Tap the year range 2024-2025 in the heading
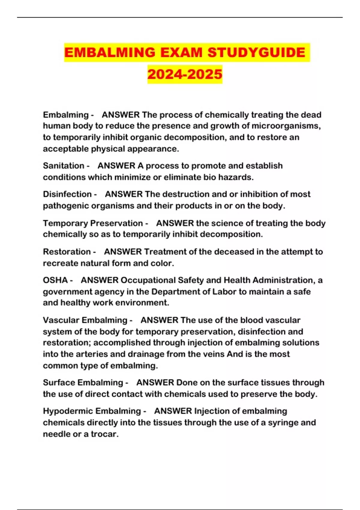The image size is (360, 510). tap(185, 74)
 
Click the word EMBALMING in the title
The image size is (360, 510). tap(110, 52)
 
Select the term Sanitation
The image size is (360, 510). tap(64, 166)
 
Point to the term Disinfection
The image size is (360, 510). tap(67, 194)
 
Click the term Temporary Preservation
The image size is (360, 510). tap(93, 223)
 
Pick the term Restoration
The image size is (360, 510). tap(67, 252)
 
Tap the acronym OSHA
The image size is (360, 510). tap(55, 280)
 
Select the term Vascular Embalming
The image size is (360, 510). tap(85, 320)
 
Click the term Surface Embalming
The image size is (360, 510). tap(83, 382)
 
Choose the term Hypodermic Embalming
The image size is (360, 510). tap(92, 411)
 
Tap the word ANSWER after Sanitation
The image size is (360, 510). tap(116, 166)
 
